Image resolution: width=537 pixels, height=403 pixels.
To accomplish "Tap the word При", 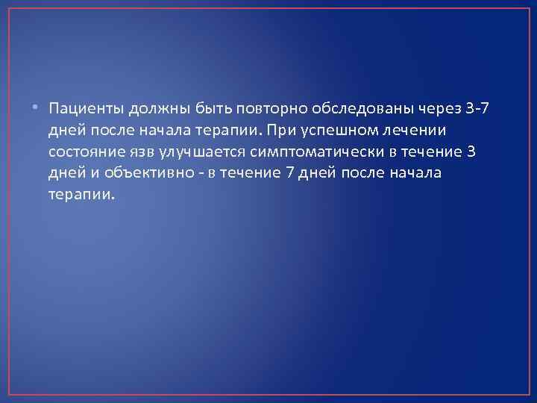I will click(295, 131).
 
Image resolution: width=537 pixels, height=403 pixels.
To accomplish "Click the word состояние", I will click(87, 152).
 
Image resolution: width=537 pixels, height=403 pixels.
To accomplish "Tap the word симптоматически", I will click(303, 152).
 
